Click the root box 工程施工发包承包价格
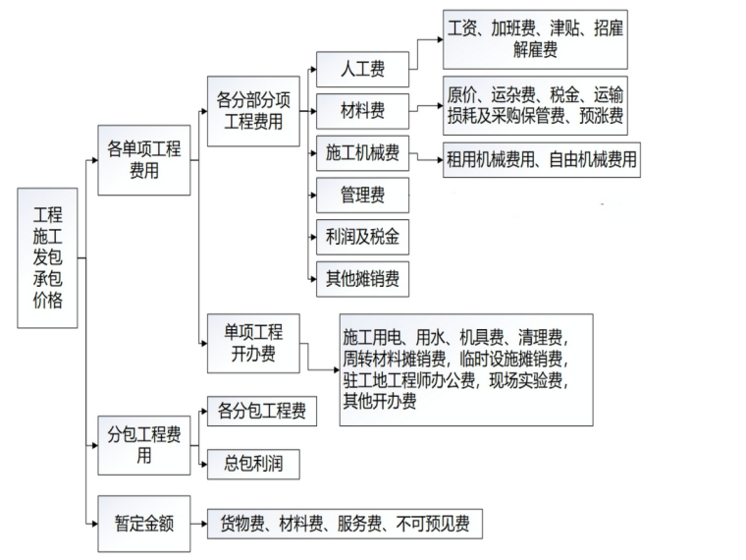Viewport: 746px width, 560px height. click(47, 257)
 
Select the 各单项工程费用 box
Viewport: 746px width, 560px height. click(144, 159)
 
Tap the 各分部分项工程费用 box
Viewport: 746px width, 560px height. click(253, 110)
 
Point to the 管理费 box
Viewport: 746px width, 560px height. click(362, 195)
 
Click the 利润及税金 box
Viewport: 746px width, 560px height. click(362, 237)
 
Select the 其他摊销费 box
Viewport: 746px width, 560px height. click(362, 279)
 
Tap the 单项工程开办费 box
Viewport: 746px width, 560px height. click(253, 342)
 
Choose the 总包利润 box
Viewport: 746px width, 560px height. click(252, 463)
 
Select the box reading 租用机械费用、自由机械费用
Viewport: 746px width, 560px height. click(541, 158)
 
